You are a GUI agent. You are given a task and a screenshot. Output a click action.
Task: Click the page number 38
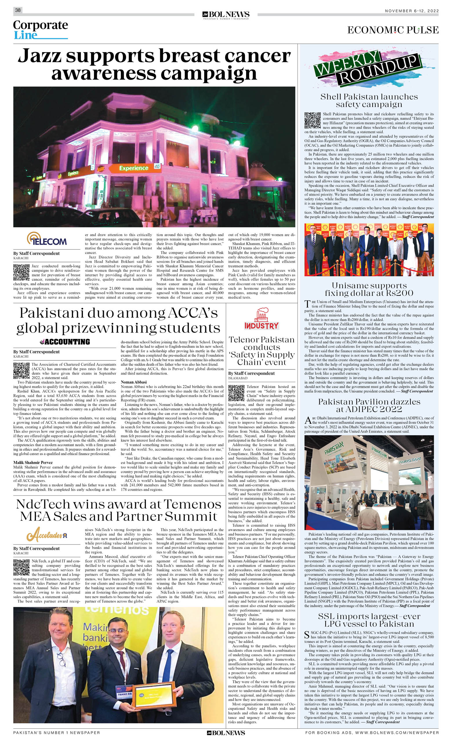pos(18,10)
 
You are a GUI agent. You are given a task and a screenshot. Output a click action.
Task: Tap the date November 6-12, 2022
pos(412,11)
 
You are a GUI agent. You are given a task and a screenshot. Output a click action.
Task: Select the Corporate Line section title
pos(40,30)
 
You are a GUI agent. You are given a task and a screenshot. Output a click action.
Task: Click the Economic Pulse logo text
pos(393,30)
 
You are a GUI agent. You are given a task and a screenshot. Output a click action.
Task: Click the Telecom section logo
pos(47,240)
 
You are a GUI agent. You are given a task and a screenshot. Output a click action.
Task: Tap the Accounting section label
pos(65,342)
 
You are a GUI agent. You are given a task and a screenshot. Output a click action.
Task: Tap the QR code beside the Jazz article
pos(21,272)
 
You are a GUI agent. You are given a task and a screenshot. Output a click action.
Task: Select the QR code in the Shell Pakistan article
pos(312,120)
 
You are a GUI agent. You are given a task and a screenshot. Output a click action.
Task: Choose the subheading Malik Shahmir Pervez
pos(33,462)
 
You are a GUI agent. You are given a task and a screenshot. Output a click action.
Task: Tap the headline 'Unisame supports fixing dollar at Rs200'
pos(369,289)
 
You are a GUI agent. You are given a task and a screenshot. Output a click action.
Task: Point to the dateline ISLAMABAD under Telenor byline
pos(238,378)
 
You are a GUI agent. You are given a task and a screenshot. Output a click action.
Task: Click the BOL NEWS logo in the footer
pos(226,733)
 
